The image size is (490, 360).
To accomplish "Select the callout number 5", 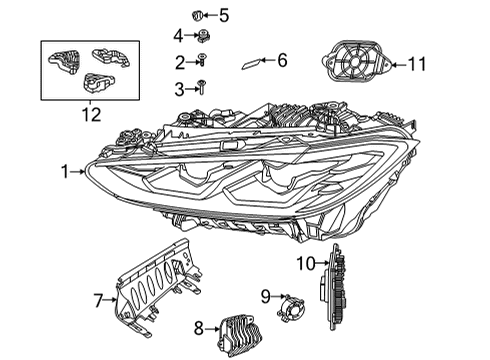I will (x=224, y=15).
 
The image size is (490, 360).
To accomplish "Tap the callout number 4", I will (x=178, y=36).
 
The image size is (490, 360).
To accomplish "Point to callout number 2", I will (x=178, y=62).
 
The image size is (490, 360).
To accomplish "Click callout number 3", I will (x=178, y=89).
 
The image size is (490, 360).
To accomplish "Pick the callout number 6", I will (x=281, y=61).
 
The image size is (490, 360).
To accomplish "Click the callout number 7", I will (x=99, y=298).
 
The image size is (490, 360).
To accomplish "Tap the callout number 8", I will (x=198, y=326).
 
